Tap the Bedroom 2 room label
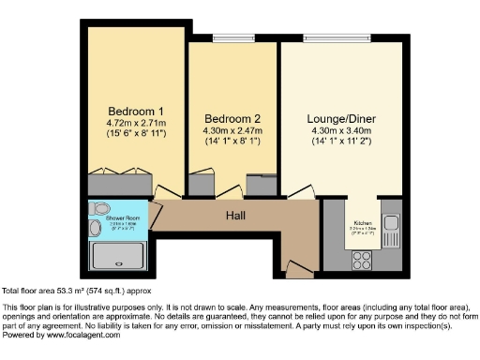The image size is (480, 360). pyautogui.click(x=232, y=118)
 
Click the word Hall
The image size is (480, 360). pyautogui.click(x=235, y=215)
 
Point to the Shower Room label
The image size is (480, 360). pyautogui.click(x=108, y=217)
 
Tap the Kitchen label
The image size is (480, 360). pyautogui.click(x=362, y=223)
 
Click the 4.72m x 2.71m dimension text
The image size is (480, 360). pyautogui.click(x=136, y=122)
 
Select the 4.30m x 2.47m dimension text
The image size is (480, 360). pyautogui.click(x=232, y=131)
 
